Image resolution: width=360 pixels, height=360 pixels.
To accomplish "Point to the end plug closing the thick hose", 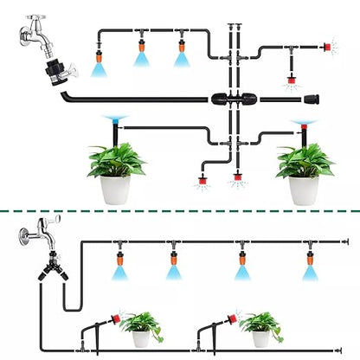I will [x=329, y=99].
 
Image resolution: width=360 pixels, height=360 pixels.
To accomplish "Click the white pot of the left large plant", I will [x=115, y=189].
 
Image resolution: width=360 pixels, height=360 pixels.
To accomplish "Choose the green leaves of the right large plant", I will [x=305, y=160].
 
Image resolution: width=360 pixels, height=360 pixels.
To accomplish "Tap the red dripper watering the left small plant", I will [x=112, y=319].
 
